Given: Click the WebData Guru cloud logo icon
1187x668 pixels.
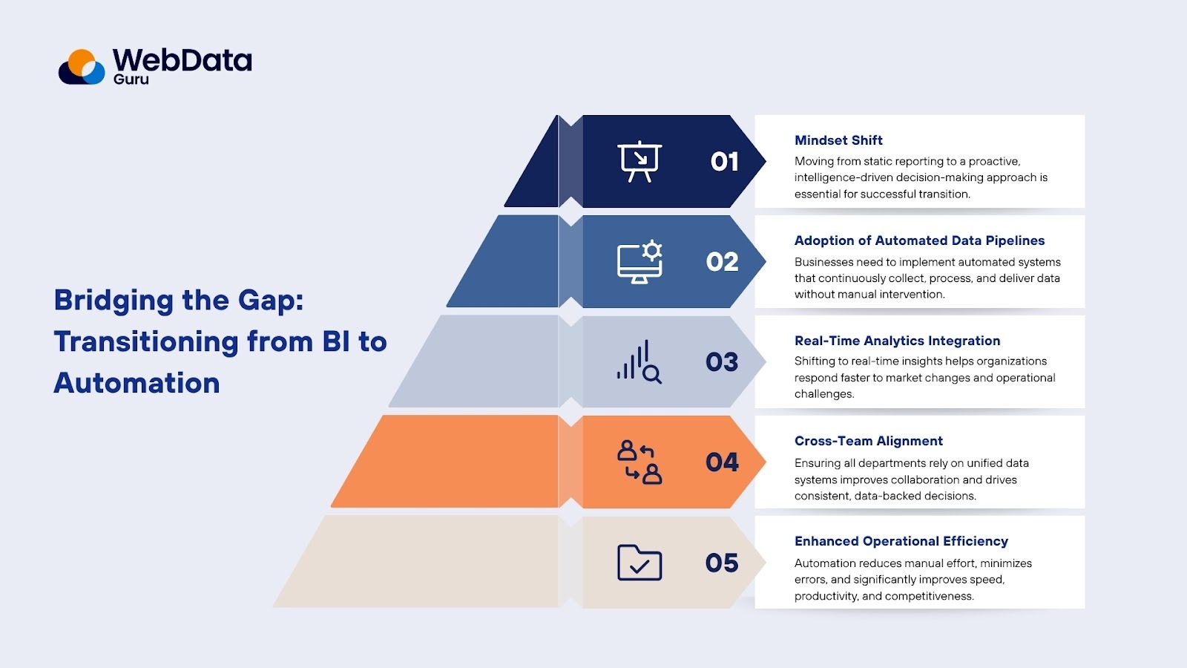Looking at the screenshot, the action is point(82,67).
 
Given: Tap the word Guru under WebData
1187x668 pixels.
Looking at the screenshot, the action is point(131,79).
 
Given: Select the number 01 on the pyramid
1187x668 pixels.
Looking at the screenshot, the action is point(724,162).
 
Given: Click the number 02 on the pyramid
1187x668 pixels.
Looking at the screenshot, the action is point(722,262).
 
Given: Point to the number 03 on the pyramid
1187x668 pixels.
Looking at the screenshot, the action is point(722,362).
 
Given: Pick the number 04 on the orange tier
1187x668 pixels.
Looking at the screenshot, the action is point(722,462).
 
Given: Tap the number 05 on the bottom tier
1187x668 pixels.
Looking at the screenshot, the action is point(722,563).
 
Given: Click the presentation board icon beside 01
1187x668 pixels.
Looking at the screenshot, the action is point(639,161).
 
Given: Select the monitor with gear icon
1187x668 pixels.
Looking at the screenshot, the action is point(639,262).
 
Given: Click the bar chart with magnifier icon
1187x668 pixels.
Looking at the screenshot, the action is point(639,362).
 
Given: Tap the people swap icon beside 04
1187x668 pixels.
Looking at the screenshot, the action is point(639,462).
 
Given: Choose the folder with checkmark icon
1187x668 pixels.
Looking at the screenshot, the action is point(639,563).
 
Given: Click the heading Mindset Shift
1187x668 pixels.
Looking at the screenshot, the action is point(838,140).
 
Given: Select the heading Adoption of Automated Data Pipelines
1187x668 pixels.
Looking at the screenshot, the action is point(919,240).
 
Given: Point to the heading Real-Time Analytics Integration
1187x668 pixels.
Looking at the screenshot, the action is point(897,341).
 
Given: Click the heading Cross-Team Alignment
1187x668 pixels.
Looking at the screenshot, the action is point(868,441).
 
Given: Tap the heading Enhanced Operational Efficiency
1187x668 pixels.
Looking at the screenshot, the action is point(901,541).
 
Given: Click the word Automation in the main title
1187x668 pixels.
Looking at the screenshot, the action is point(137,383).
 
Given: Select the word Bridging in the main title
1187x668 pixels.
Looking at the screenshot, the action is point(114,301).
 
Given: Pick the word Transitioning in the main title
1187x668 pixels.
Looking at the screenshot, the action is point(146,342).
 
